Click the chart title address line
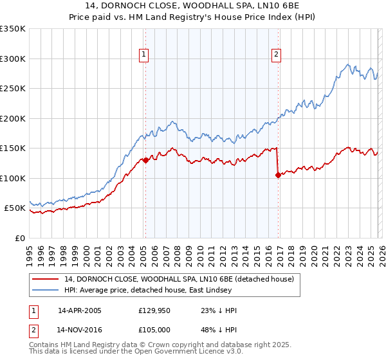[x=193, y=6]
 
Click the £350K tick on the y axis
[x=13, y=29]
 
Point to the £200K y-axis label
[x=13, y=118]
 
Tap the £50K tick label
[x=15, y=208]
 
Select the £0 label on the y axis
[x=21, y=238]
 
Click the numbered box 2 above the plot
[x=276, y=55]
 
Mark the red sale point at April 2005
[x=145, y=161]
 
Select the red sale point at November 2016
[x=278, y=175]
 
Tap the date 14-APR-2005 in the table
[x=80, y=310]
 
